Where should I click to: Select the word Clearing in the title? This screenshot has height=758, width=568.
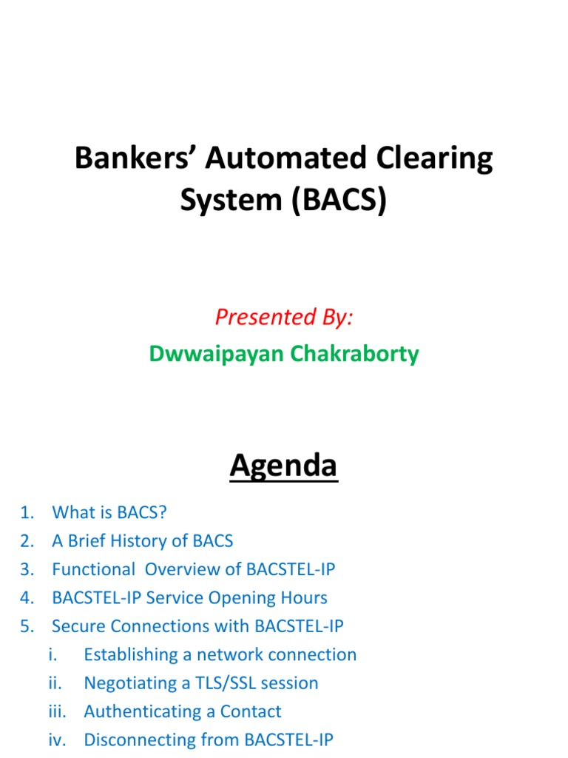(x=437, y=159)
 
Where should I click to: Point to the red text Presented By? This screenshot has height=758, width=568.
(x=284, y=317)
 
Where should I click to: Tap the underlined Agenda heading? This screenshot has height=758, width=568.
(x=283, y=466)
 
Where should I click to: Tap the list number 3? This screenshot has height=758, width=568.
(x=27, y=569)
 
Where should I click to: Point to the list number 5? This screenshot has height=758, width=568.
(x=27, y=626)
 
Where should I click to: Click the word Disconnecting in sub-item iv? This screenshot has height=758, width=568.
(x=138, y=739)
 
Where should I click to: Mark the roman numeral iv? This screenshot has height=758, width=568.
(x=56, y=739)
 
